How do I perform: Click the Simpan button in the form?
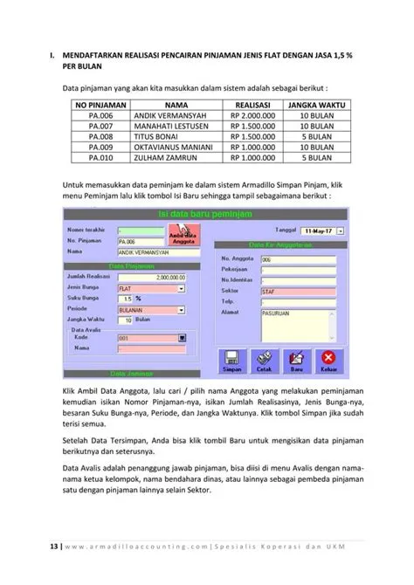tap(233, 357)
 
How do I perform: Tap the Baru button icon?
tap(296, 357)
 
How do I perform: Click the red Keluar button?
tap(328, 357)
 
